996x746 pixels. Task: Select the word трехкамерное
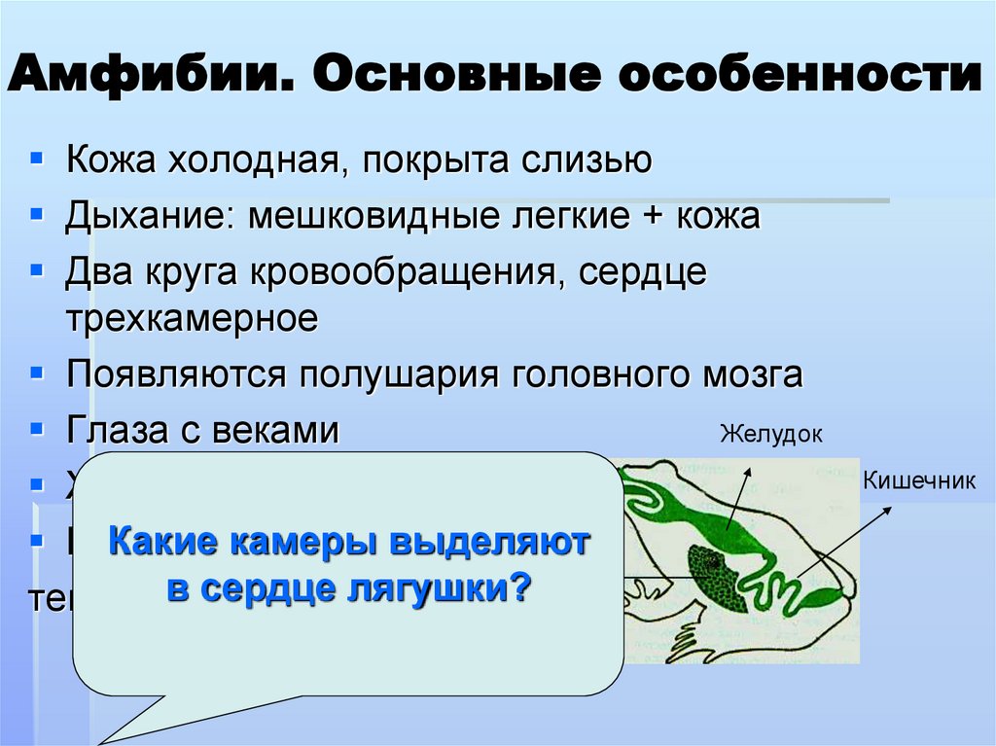[x=193, y=318]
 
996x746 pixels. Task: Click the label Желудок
[x=770, y=434]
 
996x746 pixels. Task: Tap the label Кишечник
[x=918, y=480]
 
